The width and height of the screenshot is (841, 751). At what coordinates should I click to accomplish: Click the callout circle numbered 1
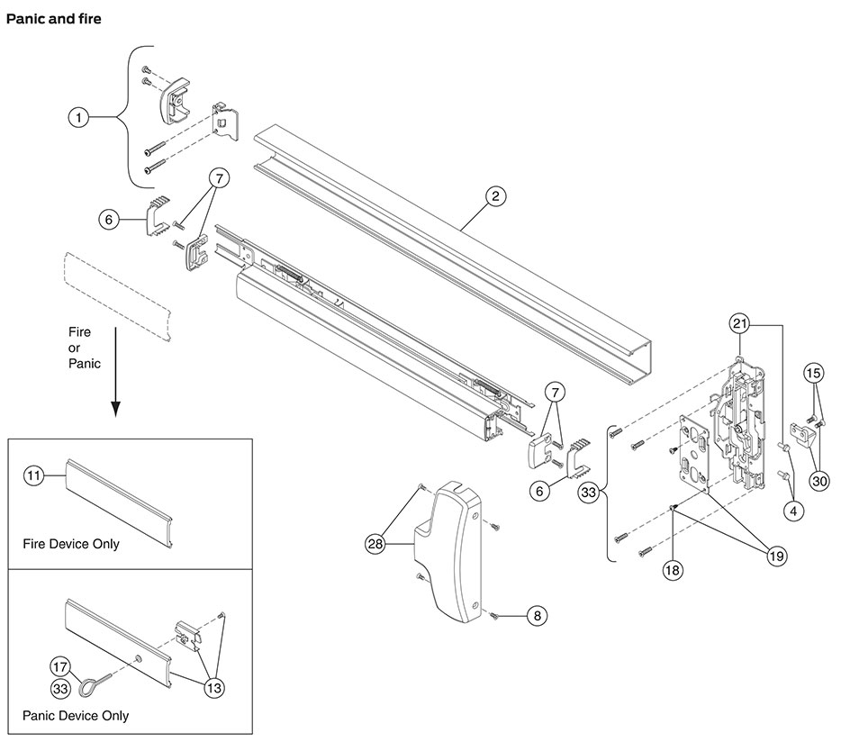79,117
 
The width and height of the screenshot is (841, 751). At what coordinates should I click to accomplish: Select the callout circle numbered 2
494,196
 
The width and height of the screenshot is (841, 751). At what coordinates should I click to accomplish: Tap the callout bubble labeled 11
33,476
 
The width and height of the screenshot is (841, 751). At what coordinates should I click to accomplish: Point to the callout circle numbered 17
60,667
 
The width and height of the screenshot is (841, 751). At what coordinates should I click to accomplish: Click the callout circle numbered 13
214,687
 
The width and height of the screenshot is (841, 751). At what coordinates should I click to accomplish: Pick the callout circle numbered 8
537,616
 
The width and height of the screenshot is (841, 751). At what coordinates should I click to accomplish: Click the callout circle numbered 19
774,556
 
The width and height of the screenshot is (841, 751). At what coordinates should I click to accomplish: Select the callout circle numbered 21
739,324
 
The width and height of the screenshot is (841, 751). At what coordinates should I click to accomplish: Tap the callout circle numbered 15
813,373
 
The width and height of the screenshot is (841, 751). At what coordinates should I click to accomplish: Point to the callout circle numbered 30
818,481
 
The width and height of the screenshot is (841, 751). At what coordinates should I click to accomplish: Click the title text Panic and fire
53,19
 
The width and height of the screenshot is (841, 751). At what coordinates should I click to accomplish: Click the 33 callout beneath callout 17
60,688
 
